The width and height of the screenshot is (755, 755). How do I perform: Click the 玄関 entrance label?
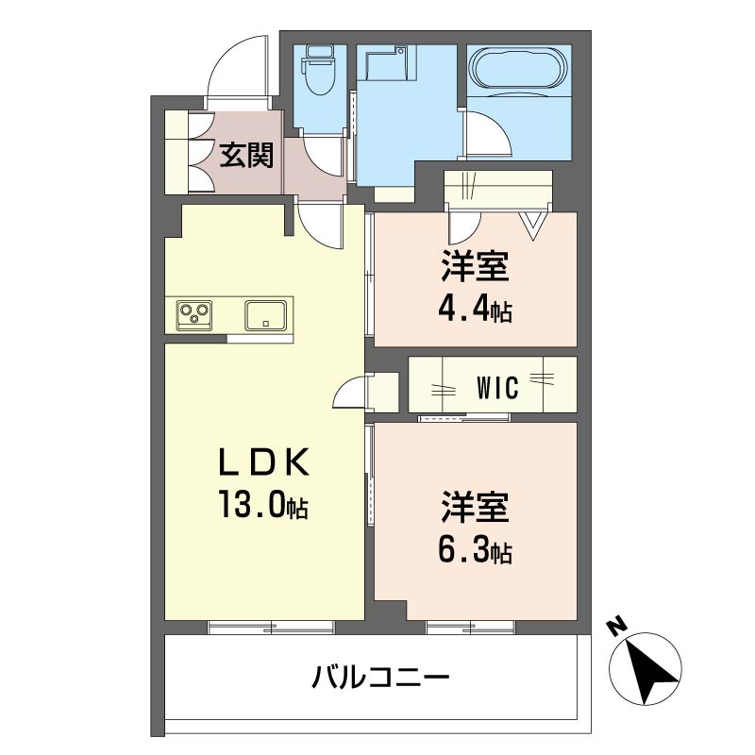click(x=246, y=155)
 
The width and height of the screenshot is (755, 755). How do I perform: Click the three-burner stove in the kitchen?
click(x=194, y=315)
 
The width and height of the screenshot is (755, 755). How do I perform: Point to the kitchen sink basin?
click(x=266, y=315)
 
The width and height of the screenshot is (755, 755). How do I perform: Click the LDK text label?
click(x=263, y=461)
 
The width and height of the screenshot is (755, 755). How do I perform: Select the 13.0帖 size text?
click(x=263, y=504)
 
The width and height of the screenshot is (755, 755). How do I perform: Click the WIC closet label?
click(x=498, y=387)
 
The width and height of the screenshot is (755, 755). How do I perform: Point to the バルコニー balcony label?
click(x=380, y=677)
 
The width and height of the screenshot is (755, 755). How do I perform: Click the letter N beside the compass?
click(x=617, y=627)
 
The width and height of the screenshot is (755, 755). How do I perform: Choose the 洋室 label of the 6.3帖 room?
click(x=475, y=508)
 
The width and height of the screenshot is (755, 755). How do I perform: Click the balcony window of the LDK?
click(x=271, y=628)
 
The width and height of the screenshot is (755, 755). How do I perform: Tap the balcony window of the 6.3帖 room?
click(x=470, y=628)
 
